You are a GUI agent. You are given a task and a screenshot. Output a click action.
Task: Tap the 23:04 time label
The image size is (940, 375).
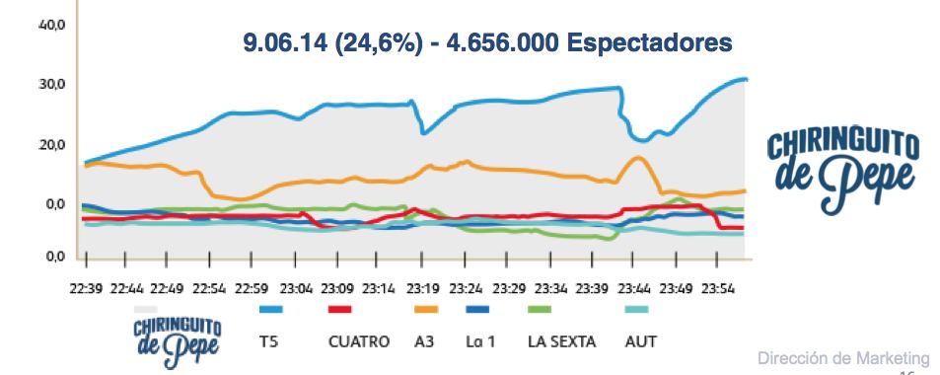[x=297, y=290]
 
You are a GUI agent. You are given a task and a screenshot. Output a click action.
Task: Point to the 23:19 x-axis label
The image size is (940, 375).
[x=424, y=290]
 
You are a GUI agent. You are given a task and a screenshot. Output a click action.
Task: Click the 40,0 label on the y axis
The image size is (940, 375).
[x=51, y=25]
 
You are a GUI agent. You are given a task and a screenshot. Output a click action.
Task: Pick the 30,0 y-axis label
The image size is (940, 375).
[x=51, y=85]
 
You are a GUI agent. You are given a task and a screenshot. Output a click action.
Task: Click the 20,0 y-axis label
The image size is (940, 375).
[x=51, y=145]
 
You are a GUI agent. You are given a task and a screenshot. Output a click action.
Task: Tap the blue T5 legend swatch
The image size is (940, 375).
[x=270, y=310]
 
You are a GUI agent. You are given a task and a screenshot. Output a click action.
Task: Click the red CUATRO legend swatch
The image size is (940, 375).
[x=339, y=310]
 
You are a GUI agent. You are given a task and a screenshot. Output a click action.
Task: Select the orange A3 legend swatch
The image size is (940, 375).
[x=426, y=310]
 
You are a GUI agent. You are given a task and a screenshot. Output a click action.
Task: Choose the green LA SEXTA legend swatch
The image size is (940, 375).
[x=539, y=310]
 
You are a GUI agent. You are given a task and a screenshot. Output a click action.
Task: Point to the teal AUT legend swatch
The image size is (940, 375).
[x=637, y=310]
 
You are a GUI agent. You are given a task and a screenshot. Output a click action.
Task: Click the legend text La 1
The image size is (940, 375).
[x=480, y=342]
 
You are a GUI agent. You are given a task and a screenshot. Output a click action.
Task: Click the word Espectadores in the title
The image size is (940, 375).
[x=650, y=44]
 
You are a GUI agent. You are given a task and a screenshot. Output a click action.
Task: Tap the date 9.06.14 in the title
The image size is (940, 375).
[x=286, y=44]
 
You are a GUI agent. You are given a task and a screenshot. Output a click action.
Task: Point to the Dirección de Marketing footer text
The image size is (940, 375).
[x=843, y=357]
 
